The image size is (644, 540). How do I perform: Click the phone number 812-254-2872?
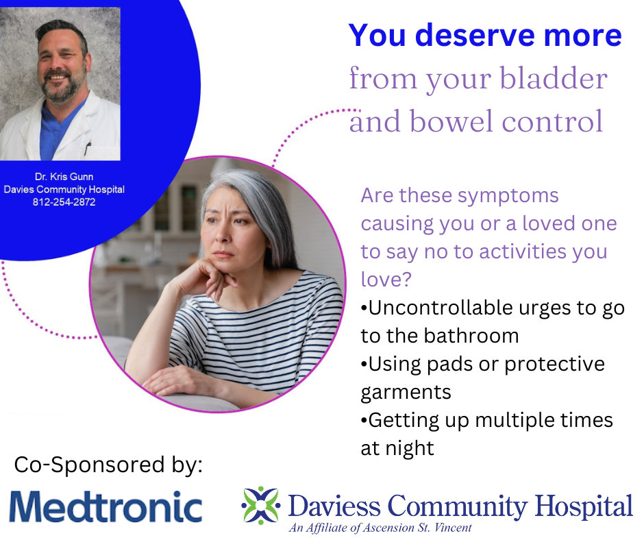click(x=64, y=202)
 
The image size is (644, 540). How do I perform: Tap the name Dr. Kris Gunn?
click(x=64, y=177)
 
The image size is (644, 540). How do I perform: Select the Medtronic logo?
click(x=106, y=506)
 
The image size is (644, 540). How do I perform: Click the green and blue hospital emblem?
click(x=261, y=505)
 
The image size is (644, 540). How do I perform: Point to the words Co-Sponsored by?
click(x=108, y=465)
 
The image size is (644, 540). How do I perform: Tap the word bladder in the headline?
click(x=554, y=78)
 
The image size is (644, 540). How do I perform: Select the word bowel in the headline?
click(x=451, y=122)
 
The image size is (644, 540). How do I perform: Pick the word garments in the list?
click(x=406, y=393)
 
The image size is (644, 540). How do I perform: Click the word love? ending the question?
click(x=386, y=280)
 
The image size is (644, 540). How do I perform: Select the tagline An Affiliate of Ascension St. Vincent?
click(x=380, y=528)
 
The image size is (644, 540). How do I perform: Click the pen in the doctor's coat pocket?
click(x=86, y=148)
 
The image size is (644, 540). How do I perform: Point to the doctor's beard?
click(x=62, y=86)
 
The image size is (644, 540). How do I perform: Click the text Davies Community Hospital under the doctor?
click(x=64, y=189)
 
